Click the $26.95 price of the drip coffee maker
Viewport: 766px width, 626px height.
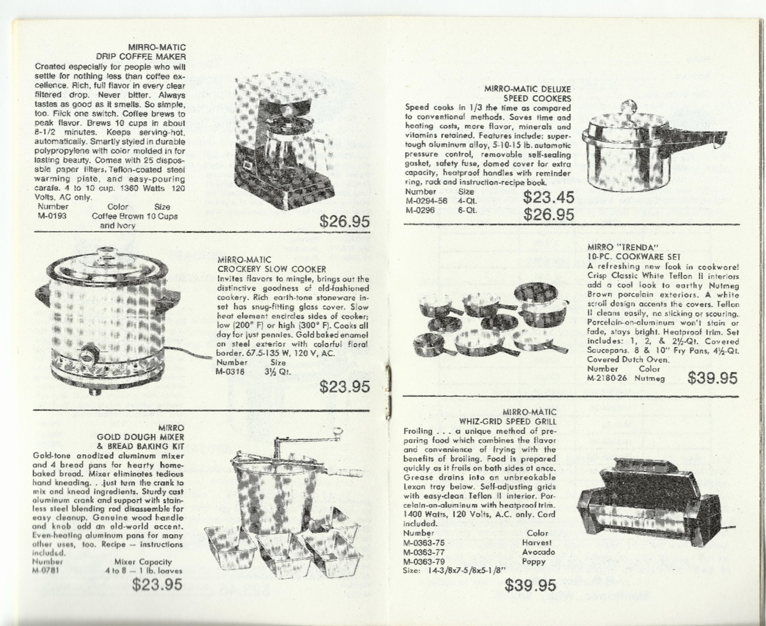point(345,221)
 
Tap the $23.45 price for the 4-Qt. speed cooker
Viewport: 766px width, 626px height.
point(548,197)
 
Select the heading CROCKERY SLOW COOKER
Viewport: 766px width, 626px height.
point(272,269)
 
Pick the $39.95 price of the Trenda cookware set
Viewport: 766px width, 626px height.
point(712,378)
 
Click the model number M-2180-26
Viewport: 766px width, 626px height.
point(607,378)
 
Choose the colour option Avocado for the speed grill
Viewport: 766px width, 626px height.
point(539,552)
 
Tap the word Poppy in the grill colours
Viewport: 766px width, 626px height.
point(534,562)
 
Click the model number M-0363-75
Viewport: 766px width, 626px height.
point(424,542)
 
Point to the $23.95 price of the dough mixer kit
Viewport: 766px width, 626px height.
point(157,585)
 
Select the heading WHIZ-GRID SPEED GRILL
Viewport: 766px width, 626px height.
point(507,422)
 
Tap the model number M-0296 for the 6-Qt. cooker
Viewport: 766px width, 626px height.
point(420,210)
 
